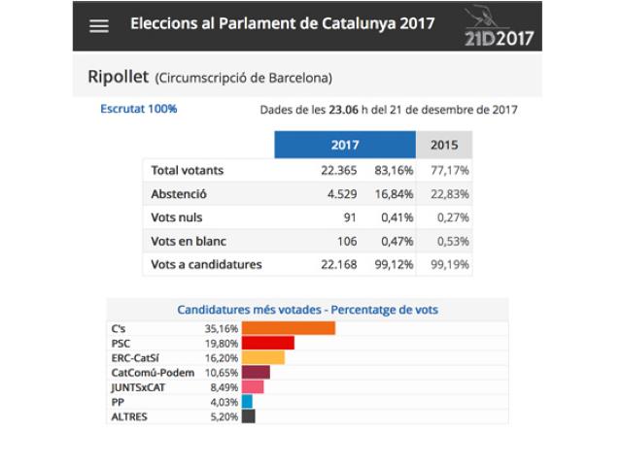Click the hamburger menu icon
tap(99, 26)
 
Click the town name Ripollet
tap(117, 77)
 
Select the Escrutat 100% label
tap(139, 109)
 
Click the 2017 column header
tap(345, 146)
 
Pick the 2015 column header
tap(443, 146)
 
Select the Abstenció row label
tap(180, 193)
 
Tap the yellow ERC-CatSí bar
tap(262, 357)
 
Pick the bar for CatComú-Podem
tap(256, 372)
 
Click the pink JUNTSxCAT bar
tap(253, 386)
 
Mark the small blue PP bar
tap(247, 401)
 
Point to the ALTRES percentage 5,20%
tap(220, 416)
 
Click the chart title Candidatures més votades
tap(307, 310)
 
